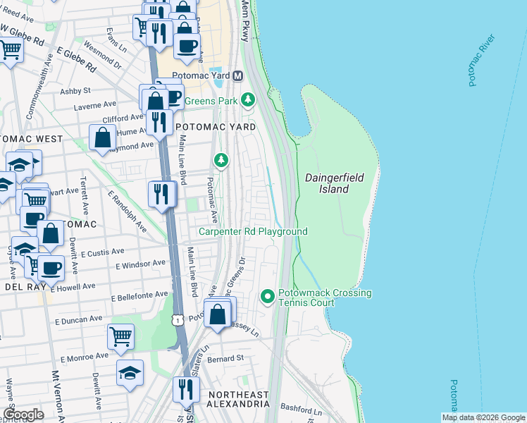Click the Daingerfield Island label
[335, 183]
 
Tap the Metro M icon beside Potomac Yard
[238, 75]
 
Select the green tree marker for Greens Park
[247, 100]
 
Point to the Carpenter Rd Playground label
[252, 231]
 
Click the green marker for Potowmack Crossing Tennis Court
[267, 297]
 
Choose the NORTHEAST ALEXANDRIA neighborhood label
[237, 399]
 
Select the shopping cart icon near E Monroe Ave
[120, 336]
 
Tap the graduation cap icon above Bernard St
[130, 372]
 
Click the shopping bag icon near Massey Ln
[218, 312]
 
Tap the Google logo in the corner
[23, 414]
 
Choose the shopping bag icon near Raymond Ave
[102, 137]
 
